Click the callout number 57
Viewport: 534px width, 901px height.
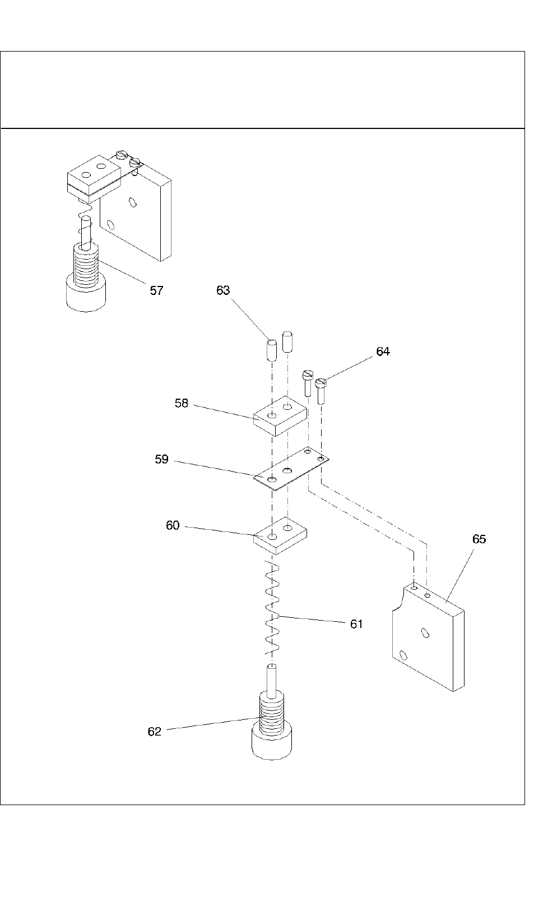[x=156, y=290]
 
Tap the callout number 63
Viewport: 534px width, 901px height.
[x=223, y=290]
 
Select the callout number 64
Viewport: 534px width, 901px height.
[x=383, y=352]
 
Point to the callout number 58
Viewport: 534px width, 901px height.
[x=182, y=403]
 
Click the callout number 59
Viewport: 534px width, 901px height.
[x=161, y=460]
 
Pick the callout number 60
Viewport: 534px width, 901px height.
[x=173, y=525]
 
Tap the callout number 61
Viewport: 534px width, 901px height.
[x=356, y=623]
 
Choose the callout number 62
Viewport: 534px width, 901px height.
[x=154, y=732]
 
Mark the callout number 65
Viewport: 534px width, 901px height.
[x=479, y=539]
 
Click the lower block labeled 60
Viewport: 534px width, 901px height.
[x=280, y=535]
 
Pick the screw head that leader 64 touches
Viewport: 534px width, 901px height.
[x=321, y=383]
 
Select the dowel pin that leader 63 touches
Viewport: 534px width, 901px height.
[x=271, y=350]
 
